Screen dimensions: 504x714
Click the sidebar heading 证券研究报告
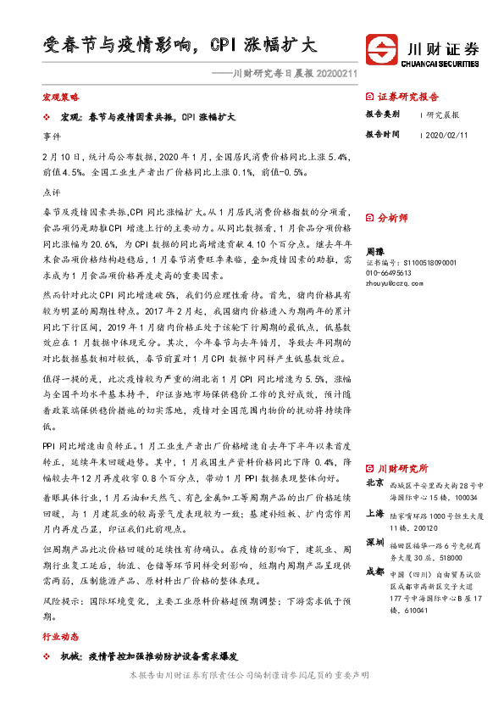(408, 96)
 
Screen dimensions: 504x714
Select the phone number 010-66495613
(389, 273)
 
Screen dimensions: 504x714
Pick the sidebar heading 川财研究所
(402, 468)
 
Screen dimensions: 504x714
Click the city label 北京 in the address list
(374, 483)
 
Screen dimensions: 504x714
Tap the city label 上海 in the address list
(374, 513)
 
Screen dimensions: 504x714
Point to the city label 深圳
(374, 541)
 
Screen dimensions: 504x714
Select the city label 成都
(374, 572)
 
